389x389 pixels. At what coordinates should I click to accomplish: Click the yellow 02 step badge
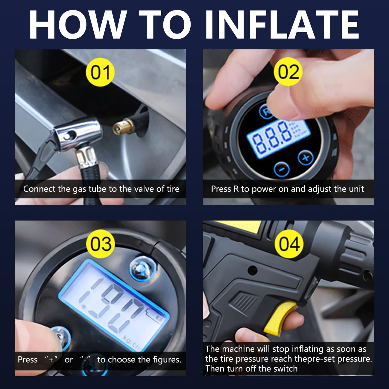click(288, 72)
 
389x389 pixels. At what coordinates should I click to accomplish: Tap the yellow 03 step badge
click(101, 244)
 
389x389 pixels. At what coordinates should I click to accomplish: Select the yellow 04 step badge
click(289, 244)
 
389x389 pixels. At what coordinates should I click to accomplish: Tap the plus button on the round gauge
click(306, 157)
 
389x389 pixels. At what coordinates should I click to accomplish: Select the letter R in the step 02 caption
click(236, 189)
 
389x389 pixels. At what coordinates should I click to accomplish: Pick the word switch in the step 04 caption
click(284, 369)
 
